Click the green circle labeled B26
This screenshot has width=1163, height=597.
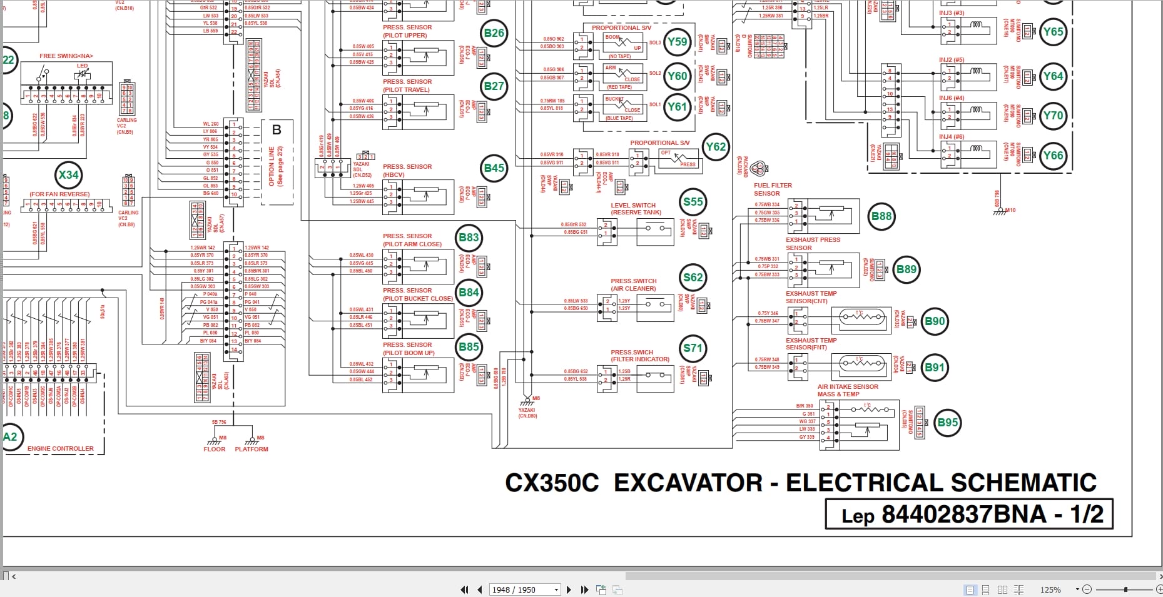coord(494,33)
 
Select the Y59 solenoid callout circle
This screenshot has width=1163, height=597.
coord(677,42)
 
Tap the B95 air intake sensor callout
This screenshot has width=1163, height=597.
coord(947,423)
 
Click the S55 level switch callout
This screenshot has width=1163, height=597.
coord(693,202)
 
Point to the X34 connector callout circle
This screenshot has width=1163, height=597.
coord(68,175)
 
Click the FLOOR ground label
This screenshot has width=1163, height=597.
coord(214,449)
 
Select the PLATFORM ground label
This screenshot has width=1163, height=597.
coord(251,449)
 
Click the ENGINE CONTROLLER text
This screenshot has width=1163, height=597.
coord(61,448)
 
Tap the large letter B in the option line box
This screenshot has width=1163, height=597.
coord(277,129)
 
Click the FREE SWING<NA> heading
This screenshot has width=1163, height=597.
coord(66,56)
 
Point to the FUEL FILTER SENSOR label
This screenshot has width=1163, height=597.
coord(773,189)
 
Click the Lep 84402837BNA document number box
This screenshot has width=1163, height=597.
coord(968,514)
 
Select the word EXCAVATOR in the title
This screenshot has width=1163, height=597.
coord(688,483)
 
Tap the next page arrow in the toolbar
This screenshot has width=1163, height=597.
coord(569,589)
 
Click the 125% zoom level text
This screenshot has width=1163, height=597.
coord(1050,589)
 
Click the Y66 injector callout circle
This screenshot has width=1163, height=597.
coord(1053,156)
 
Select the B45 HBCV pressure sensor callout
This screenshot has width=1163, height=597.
coord(494,168)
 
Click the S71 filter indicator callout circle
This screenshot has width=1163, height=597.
coord(693,348)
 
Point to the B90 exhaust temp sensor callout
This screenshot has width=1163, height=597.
coord(935,321)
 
